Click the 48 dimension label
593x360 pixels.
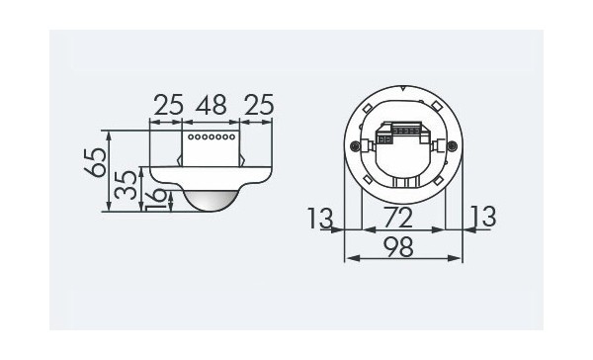pyautogui.click(x=212, y=105)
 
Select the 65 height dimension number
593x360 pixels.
pyautogui.click(x=95, y=163)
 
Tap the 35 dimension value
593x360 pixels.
pyautogui.click(x=126, y=185)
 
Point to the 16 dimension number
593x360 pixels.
pyautogui.click(x=155, y=200)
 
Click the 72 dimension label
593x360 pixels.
pyautogui.click(x=398, y=218)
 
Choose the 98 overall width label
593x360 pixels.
pyautogui.click(x=398, y=247)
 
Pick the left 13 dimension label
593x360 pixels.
pyautogui.click(x=320, y=219)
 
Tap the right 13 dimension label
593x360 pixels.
pyautogui.click(x=483, y=217)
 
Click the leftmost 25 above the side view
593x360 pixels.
pyautogui.click(x=169, y=105)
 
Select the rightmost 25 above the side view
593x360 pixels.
pyautogui.click(x=259, y=105)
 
